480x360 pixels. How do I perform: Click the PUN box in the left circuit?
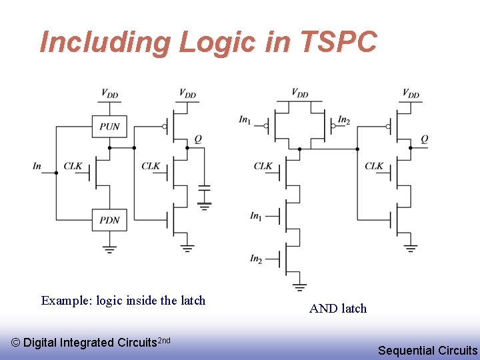(109, 126)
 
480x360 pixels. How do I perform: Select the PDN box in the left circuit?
(109, 220)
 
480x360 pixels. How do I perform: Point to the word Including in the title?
(105, 42)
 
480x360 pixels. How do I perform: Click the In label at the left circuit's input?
(37, 166)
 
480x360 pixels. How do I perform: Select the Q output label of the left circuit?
(198, 139)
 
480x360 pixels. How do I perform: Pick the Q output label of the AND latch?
(425, 139)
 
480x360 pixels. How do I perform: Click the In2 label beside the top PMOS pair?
(344, 120)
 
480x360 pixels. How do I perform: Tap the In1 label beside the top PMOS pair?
(245, 120)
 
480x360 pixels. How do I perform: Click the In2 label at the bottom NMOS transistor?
(256, 258)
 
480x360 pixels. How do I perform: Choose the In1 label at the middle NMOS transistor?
(256, 215)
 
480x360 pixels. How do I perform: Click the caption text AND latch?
(338, 308)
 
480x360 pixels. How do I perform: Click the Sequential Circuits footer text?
(427, 350)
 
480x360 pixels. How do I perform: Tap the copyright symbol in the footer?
(17, 343)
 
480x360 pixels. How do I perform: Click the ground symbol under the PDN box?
(109, 249)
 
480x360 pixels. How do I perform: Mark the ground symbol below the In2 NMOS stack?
(299, 286)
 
